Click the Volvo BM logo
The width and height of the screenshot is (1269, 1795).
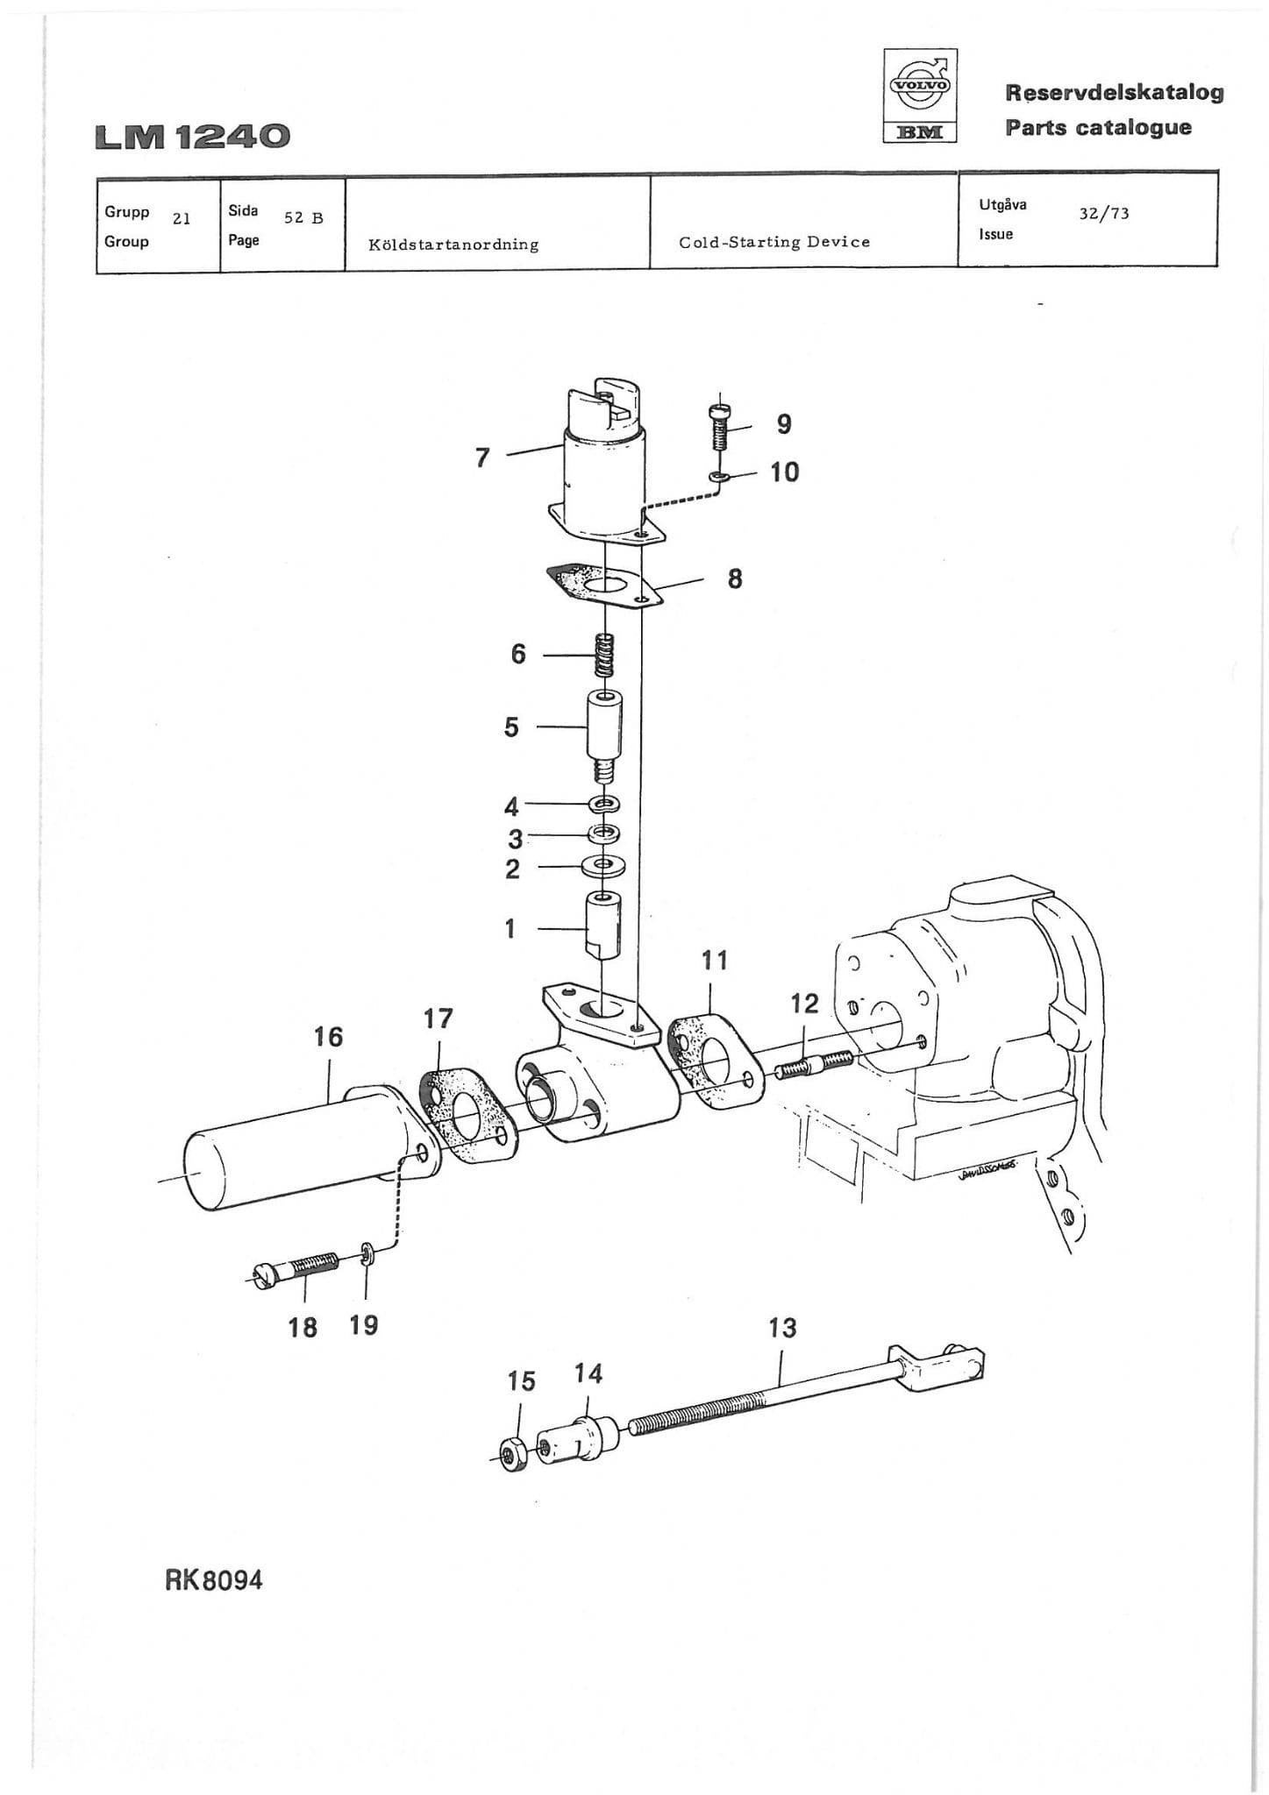pyautogui.click(x=920, y=96)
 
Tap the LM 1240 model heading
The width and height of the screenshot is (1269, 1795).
pyautogui.click(x=192, y=137)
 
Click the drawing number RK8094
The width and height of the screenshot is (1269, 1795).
pyautogui.click(x=213, y=1580)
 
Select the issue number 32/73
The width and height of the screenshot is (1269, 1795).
pyautogui.click(x=1103, y=213)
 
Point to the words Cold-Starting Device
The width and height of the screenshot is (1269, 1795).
pyautogui.click(x=774, y=242)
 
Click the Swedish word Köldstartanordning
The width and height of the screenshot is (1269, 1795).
pyautogui.click(x=453, y=245)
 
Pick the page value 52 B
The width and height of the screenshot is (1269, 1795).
pyautogui.click(x=303, y=218)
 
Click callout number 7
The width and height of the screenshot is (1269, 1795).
pyautogui.click(x=481, y=458)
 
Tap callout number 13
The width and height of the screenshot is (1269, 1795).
pyautogui.click(x=782, y=1328)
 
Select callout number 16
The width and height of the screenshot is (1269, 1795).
pyautogui.click(x=328, y=1037)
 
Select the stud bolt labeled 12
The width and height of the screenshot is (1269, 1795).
pyautogui.click(x=813, y=1065)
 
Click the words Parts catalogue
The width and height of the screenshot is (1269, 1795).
pyautogui.click(x=1098, y=127)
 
